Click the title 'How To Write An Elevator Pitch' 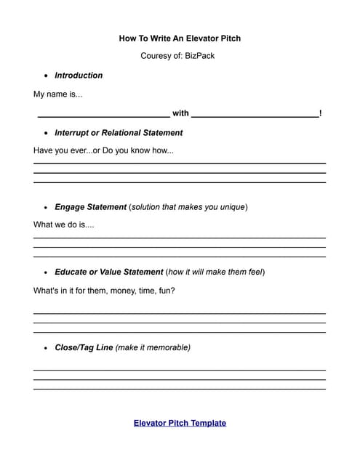click(x=180, y=38)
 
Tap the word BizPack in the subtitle click(x=200, y=56)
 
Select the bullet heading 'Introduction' click(x=79, y=76)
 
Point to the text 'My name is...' click(x=58, y=94)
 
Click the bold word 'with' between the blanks click(x=180, y=113)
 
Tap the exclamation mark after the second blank click(x=321, y=113)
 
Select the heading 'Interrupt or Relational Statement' click(x=119, y=133)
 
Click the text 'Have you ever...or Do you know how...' click(x=103, y=151)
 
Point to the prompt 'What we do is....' click(x=64, y=225)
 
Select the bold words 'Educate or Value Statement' click(x=109, y=272)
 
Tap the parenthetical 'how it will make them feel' click(x=215, y=272)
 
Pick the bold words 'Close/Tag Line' click(x=84, y=348)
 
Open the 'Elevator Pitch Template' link click(x=180, y=423)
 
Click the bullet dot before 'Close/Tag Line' click(x=47, y=348)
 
